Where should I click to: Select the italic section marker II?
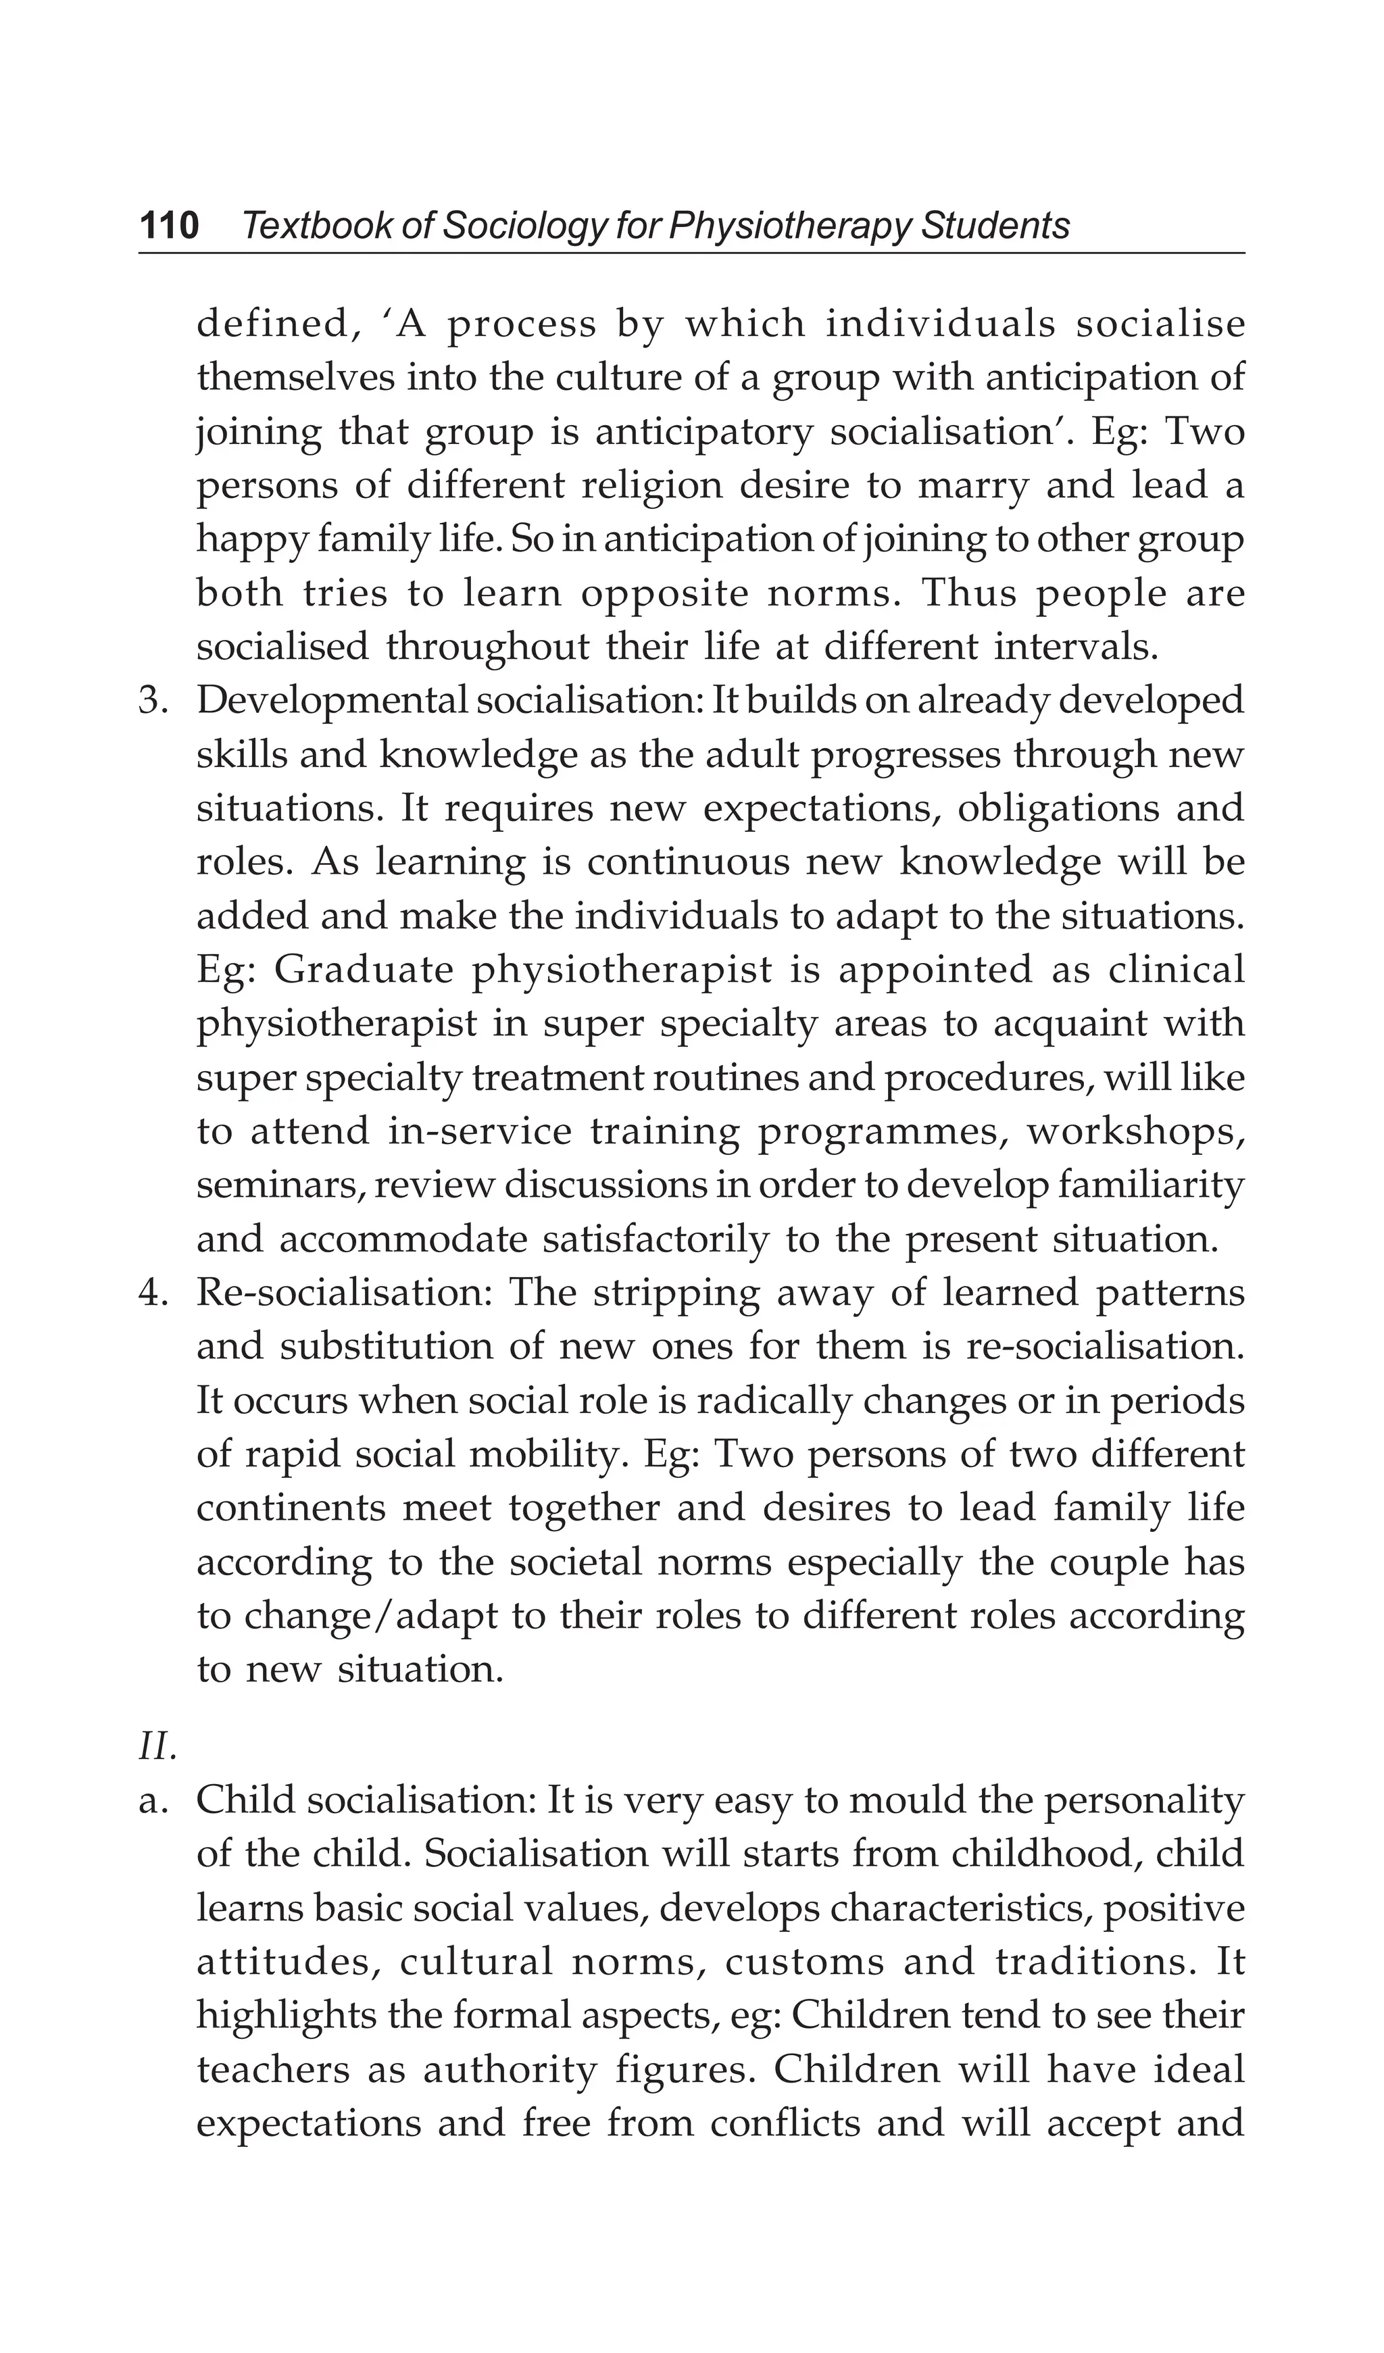(x=157, y=1747)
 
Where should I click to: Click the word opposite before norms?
(x=664, y=595)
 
